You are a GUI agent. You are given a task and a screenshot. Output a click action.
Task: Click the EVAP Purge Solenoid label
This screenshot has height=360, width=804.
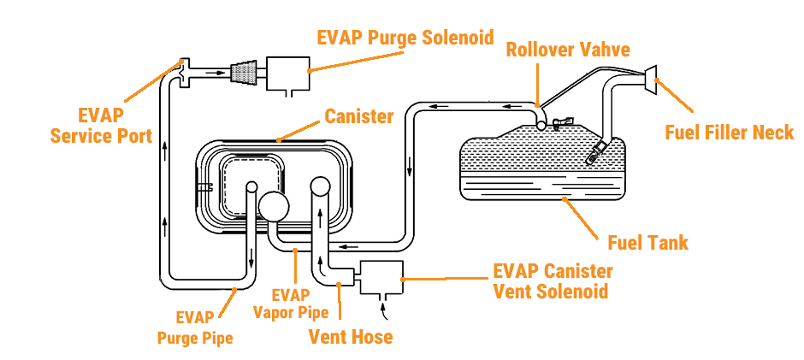pos(405,38)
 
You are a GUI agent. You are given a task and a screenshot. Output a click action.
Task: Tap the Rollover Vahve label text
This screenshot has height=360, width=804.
pos(567,49)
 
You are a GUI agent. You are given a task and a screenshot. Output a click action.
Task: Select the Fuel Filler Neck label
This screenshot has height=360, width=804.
pos(730,133)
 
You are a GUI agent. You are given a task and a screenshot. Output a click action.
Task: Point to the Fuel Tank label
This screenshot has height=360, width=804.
pos(647,243)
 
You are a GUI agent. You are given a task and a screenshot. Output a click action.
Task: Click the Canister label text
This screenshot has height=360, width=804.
pos(358,115)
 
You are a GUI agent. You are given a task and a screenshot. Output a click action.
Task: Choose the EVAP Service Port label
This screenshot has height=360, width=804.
pos(101,126)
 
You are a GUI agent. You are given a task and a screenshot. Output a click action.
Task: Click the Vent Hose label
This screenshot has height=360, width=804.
pos(351,336)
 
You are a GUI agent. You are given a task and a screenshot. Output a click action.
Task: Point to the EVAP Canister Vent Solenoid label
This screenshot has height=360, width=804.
pos(553,281)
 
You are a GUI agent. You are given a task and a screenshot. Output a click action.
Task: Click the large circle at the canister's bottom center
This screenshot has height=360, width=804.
pos(275,206)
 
